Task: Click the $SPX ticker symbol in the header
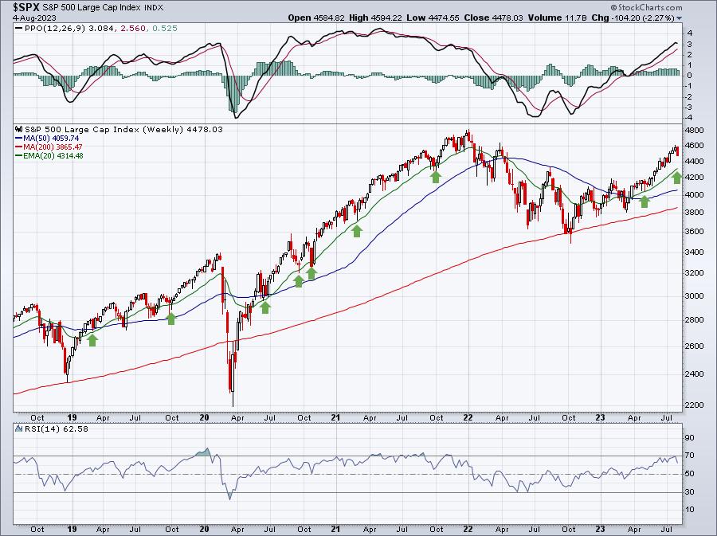tap(26, 7)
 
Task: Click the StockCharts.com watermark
tap(646, 7)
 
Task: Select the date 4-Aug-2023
tap(34, 18)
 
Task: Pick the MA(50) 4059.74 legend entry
tap(48, 138)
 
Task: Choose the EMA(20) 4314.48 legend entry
tap(49, 155)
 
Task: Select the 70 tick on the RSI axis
tap(689, 455)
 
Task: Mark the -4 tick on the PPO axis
tap(688, 117)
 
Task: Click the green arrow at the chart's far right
tap(677, 178)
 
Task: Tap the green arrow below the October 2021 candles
tap(435, 177)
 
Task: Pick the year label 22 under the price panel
tap(468, 417)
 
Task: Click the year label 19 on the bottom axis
tap(72, 529)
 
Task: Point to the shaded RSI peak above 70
tap(203, 452)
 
